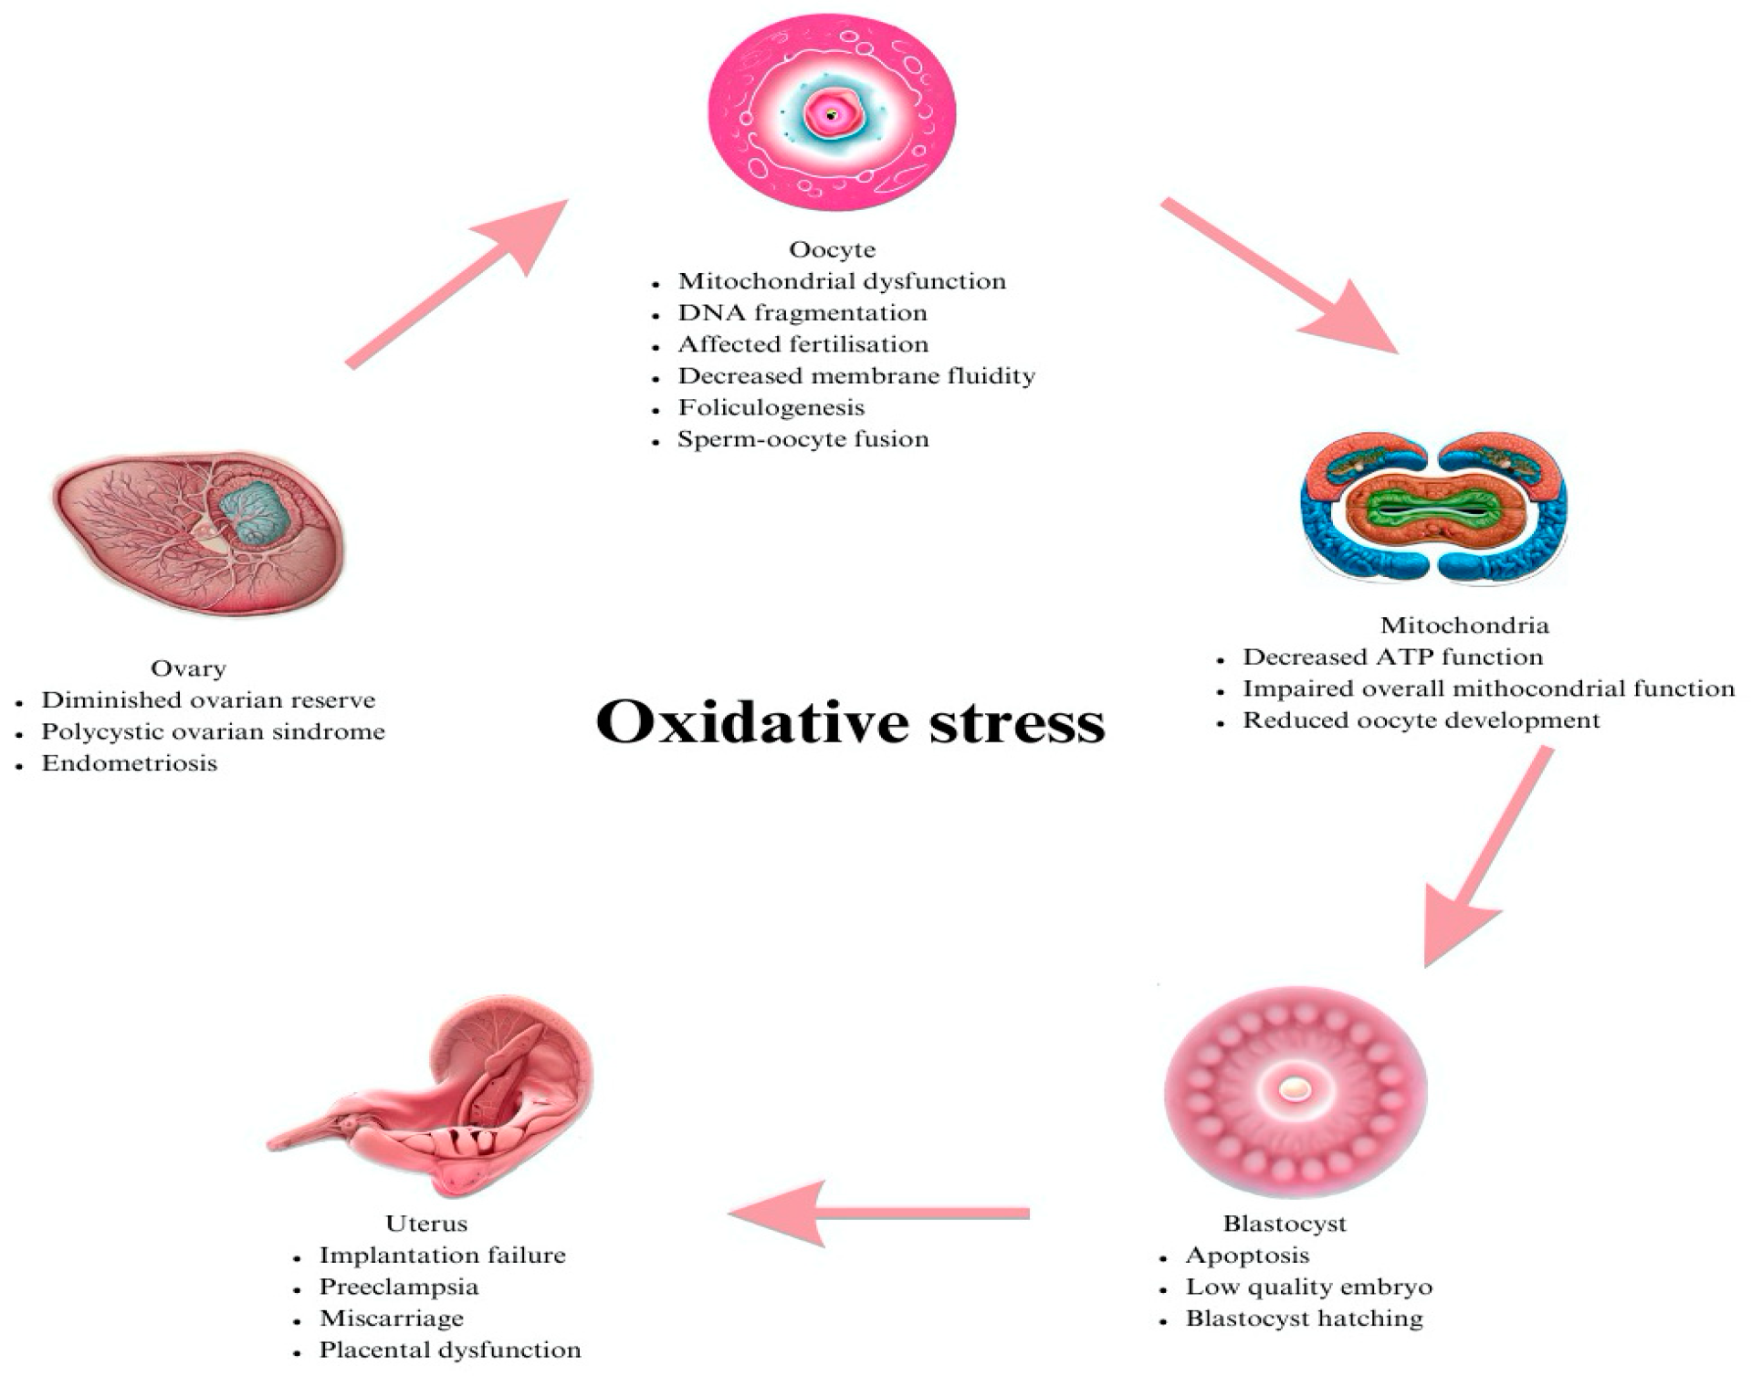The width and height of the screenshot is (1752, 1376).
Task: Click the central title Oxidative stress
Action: click(850, 722)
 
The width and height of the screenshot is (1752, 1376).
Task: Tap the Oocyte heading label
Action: click(832, 249)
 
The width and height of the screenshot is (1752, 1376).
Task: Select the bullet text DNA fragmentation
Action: click(802, 313)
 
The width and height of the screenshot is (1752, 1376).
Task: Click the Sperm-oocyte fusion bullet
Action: click(803, 439)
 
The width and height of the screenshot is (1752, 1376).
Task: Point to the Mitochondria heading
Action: click(1463, 625)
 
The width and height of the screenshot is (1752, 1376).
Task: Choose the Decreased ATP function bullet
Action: click(1392, 657)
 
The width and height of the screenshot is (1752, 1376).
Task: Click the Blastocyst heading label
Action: click(1284, 1224)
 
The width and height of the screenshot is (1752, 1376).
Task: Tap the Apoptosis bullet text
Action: click(1247, 1255)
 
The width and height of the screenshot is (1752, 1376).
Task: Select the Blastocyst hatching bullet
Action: click(1304, 1318)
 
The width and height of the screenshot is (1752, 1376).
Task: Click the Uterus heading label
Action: click(426, 1224)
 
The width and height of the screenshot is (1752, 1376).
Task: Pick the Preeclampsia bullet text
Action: click(398, 1287)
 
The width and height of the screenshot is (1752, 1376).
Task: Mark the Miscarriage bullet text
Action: click(391, 1318)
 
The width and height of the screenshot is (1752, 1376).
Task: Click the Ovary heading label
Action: click(188, 668)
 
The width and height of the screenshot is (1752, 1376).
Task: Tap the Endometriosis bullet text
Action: click(130, 763)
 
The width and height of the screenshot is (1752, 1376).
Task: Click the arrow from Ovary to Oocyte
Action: click(456, 283)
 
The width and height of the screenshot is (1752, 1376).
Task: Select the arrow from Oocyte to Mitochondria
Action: click(1278, 274)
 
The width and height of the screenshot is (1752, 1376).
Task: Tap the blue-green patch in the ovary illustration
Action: click(256, 513)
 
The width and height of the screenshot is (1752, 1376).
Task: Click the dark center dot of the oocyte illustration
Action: click(831, 116)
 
